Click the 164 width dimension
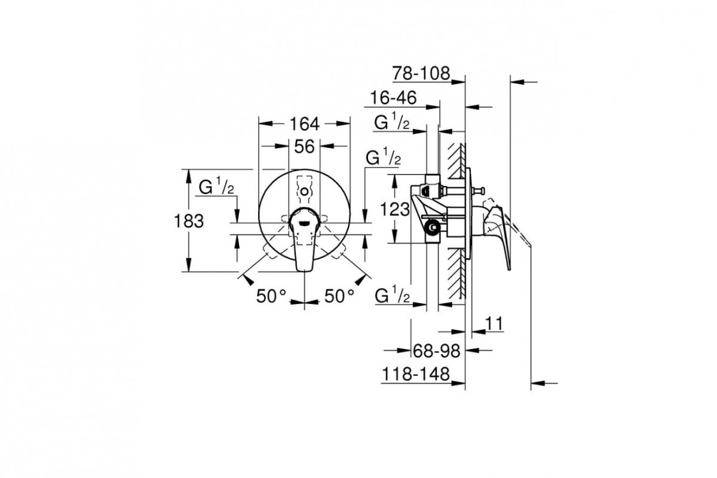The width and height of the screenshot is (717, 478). pos(305,124)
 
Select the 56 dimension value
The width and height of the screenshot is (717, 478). pos(304,146)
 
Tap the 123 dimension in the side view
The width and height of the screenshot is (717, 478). pos(395,209)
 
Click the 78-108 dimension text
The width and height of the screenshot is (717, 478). pos(421,73)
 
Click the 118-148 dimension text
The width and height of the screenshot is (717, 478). pos(414,375)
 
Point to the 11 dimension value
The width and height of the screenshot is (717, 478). pos(494,323)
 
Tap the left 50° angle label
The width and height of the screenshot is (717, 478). pos(272,295)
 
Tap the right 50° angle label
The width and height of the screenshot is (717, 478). pos(339,295)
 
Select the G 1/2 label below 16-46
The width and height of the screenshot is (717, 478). pos(391,122)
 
